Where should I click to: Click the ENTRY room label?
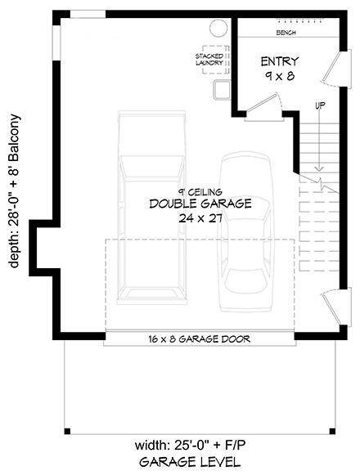[280, 61]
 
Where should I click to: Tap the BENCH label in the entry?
[286, 33]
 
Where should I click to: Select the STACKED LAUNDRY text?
[209, 60]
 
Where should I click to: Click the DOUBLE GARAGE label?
[200, 204]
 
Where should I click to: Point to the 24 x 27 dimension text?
[200, 218]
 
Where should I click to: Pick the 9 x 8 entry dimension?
[280, 76]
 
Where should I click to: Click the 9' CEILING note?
[200, 192]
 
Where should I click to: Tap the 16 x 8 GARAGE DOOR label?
[200, 339]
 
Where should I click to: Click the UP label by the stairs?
[320, 105]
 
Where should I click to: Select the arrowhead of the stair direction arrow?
[318, 168]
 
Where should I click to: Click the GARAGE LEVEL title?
[190, 462]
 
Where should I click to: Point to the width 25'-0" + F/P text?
[190, 446]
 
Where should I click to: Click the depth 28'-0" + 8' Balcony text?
[14, 191]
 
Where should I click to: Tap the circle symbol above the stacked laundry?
[218, 28]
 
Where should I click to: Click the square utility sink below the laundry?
[222, 90]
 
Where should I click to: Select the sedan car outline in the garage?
[245, 233]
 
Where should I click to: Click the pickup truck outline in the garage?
[151, 208]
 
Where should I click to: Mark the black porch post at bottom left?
[67, 431]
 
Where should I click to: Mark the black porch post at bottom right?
[332, 431]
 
